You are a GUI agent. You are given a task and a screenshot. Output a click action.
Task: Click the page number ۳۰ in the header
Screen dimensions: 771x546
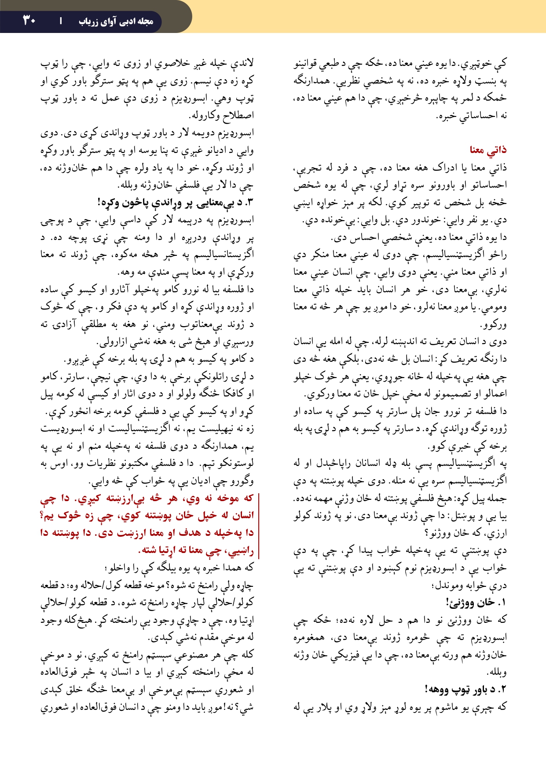point(29,20)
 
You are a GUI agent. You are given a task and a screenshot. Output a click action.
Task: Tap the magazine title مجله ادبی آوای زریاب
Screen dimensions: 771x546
point(116,21)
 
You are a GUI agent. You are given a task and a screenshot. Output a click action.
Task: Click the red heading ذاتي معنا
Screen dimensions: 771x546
point(488,150)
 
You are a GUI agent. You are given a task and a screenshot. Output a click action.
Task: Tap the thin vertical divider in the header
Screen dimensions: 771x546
point(61,21)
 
